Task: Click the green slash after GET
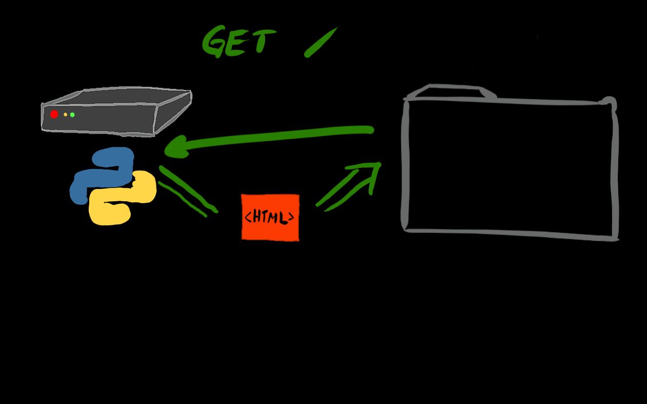(320, 42)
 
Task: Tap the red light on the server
(54, 114)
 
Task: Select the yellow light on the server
(66, 115)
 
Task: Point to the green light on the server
(72, 115)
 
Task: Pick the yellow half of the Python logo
(123, 202)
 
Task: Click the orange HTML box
(270, 217)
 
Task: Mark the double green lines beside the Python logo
(188, 190)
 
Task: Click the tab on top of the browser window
(451, 92)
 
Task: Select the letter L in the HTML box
(283, 218)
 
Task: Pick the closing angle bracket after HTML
(291, 218)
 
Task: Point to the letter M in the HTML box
(274, 218)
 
